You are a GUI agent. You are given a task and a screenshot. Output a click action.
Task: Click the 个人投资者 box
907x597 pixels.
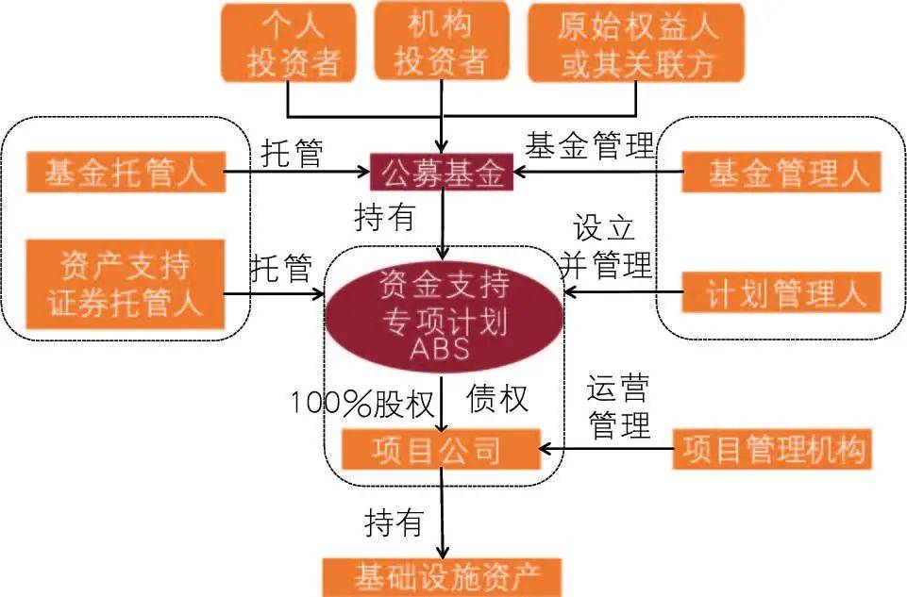pos(286,43)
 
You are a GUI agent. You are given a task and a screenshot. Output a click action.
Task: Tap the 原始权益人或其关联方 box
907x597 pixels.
pos(636,42)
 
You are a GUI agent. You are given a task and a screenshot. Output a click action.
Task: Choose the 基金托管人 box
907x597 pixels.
pos(126,173)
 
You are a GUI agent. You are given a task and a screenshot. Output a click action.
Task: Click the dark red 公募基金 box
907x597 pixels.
pos(442,173)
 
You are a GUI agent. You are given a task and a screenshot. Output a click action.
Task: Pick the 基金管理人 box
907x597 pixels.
pos(781,173)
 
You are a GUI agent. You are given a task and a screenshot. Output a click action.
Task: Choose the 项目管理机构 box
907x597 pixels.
pos(771,448)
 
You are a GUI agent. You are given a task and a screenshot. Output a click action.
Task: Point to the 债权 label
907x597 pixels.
pos(496,398)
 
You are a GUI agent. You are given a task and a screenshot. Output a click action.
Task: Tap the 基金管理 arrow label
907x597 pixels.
pos(589,145)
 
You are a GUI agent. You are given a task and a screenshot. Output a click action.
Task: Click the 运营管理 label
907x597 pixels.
pos(619,406)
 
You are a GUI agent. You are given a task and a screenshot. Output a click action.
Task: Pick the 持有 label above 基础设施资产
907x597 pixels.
pos(394,521)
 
